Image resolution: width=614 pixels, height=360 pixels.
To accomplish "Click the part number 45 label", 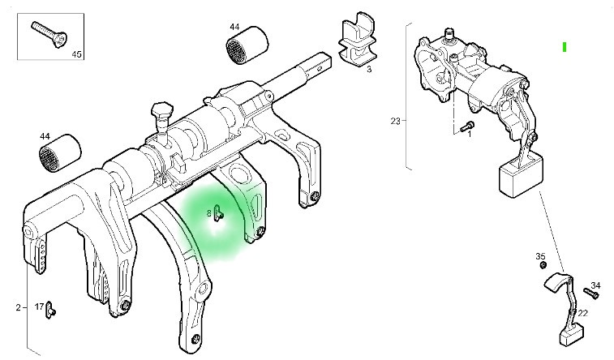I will pyautogui.click(x=77, y=55).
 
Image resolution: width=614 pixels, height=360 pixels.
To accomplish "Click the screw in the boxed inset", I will pyautogui.click(x=48, y=35).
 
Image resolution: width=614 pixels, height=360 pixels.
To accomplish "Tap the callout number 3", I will pyautogui.click(x=369, y=70).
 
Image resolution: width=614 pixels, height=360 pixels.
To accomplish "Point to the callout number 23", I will pyautogui.click(x=395, y=122).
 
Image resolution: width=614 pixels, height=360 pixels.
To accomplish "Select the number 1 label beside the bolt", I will pyautogui.click(x=468, y=135).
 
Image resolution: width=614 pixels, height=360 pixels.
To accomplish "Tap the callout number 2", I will pyautogui.click(x=17, y=307).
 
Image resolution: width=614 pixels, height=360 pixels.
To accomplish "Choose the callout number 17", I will pyautogui.click(x=38, y=307).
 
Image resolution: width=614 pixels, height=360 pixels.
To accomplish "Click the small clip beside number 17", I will pyautogui.click(x=51, y=307).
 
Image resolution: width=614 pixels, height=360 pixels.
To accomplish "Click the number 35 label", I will pyautogui.click(x=540, y=256).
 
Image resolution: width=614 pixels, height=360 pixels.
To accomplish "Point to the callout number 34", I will pyautogui.click(x=596, y=285).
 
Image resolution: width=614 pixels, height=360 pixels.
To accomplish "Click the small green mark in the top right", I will pyautogui.click(x=564, y=46).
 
